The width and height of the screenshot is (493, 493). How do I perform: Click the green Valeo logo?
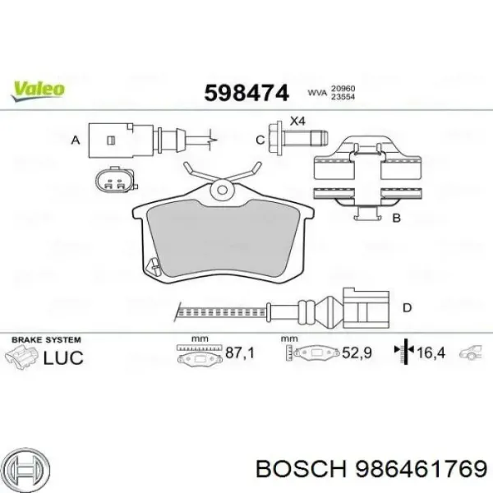tap(38, 91)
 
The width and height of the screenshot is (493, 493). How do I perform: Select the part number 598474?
tap(246, 93)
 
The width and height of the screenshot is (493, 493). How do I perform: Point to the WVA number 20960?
tap(343, 89)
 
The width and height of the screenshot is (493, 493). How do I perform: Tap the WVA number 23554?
tap(343, 97)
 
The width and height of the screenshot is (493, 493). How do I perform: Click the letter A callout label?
tap(76, 140)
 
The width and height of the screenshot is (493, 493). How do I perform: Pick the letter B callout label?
tap(397, 218)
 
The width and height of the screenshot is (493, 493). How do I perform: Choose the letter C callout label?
tap(260, 140)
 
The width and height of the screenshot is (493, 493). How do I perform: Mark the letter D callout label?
tap(408, 307)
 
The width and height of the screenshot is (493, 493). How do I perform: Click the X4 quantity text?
tap(297, 121)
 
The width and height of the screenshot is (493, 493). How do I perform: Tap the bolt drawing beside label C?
tap(298, 138)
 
